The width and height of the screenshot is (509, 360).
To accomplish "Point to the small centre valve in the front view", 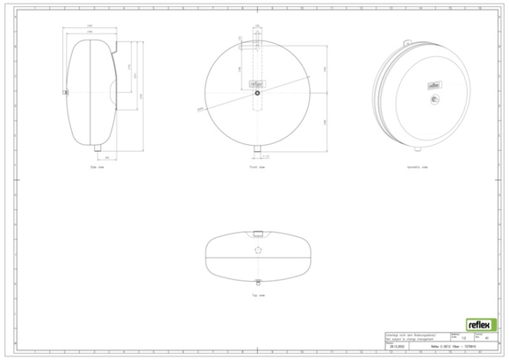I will click(255, 93).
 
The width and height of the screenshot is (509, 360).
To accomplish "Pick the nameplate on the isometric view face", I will click(432, 84).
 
